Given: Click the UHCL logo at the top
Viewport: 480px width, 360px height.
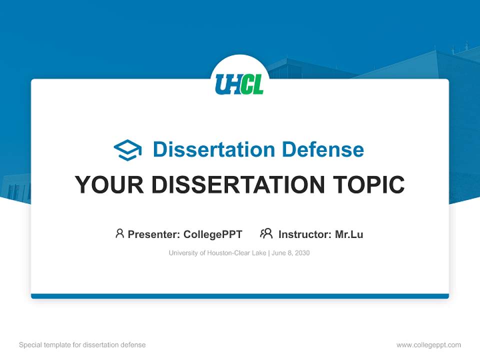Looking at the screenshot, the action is tap(239, 84).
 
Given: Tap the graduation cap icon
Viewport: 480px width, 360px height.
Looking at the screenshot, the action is tap(127, 150).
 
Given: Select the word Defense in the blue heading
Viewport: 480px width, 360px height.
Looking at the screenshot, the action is tap(323, 149).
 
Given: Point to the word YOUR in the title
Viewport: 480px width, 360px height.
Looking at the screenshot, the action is tap(109, 184).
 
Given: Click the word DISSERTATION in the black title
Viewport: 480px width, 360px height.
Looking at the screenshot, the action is tap(238, 184).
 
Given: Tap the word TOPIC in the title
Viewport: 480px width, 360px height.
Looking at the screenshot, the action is tap(369, 184).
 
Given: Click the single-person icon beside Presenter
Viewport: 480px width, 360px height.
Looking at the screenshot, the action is tap(119, 233).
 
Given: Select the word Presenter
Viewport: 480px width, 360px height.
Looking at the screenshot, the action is tap(153, 234).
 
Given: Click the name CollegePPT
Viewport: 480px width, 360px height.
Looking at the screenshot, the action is tap(213, 234).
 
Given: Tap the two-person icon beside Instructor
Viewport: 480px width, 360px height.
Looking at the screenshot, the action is tap(266, 233).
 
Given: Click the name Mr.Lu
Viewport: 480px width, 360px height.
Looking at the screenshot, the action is tap(349, 234).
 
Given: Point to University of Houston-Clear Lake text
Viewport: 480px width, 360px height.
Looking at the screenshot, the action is tap(217, 253).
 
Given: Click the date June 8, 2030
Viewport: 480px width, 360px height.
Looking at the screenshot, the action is tap(291, 253).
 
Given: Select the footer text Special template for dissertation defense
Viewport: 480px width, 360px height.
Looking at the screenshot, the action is tap(82, 345).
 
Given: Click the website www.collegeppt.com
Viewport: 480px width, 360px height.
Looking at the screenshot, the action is tap(429, 345).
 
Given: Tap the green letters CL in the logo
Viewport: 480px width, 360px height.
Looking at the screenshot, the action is tap(251, 84).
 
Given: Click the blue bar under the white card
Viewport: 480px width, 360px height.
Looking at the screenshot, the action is tap(240, 296).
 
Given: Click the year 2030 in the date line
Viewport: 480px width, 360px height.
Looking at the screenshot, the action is tap(302, 253).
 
